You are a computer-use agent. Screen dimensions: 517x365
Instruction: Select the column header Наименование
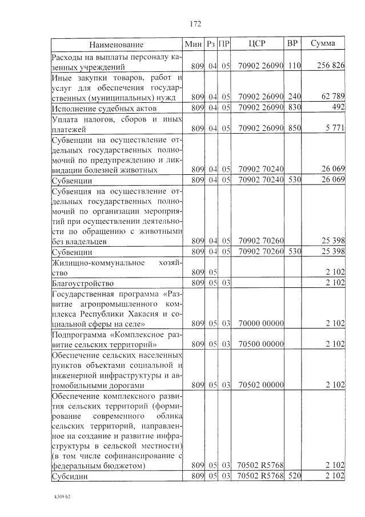click(116, 45)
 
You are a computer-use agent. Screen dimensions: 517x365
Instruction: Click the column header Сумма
click(323, 44)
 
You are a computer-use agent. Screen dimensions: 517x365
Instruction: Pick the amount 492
click(337, 107)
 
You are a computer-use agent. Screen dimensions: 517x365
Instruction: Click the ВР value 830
click(294, 107)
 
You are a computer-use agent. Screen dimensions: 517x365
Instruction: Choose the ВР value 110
click(294, 66)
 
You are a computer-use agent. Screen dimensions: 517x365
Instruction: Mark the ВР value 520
click(294, 476)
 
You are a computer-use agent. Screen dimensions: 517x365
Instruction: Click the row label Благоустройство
click(82, 283)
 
